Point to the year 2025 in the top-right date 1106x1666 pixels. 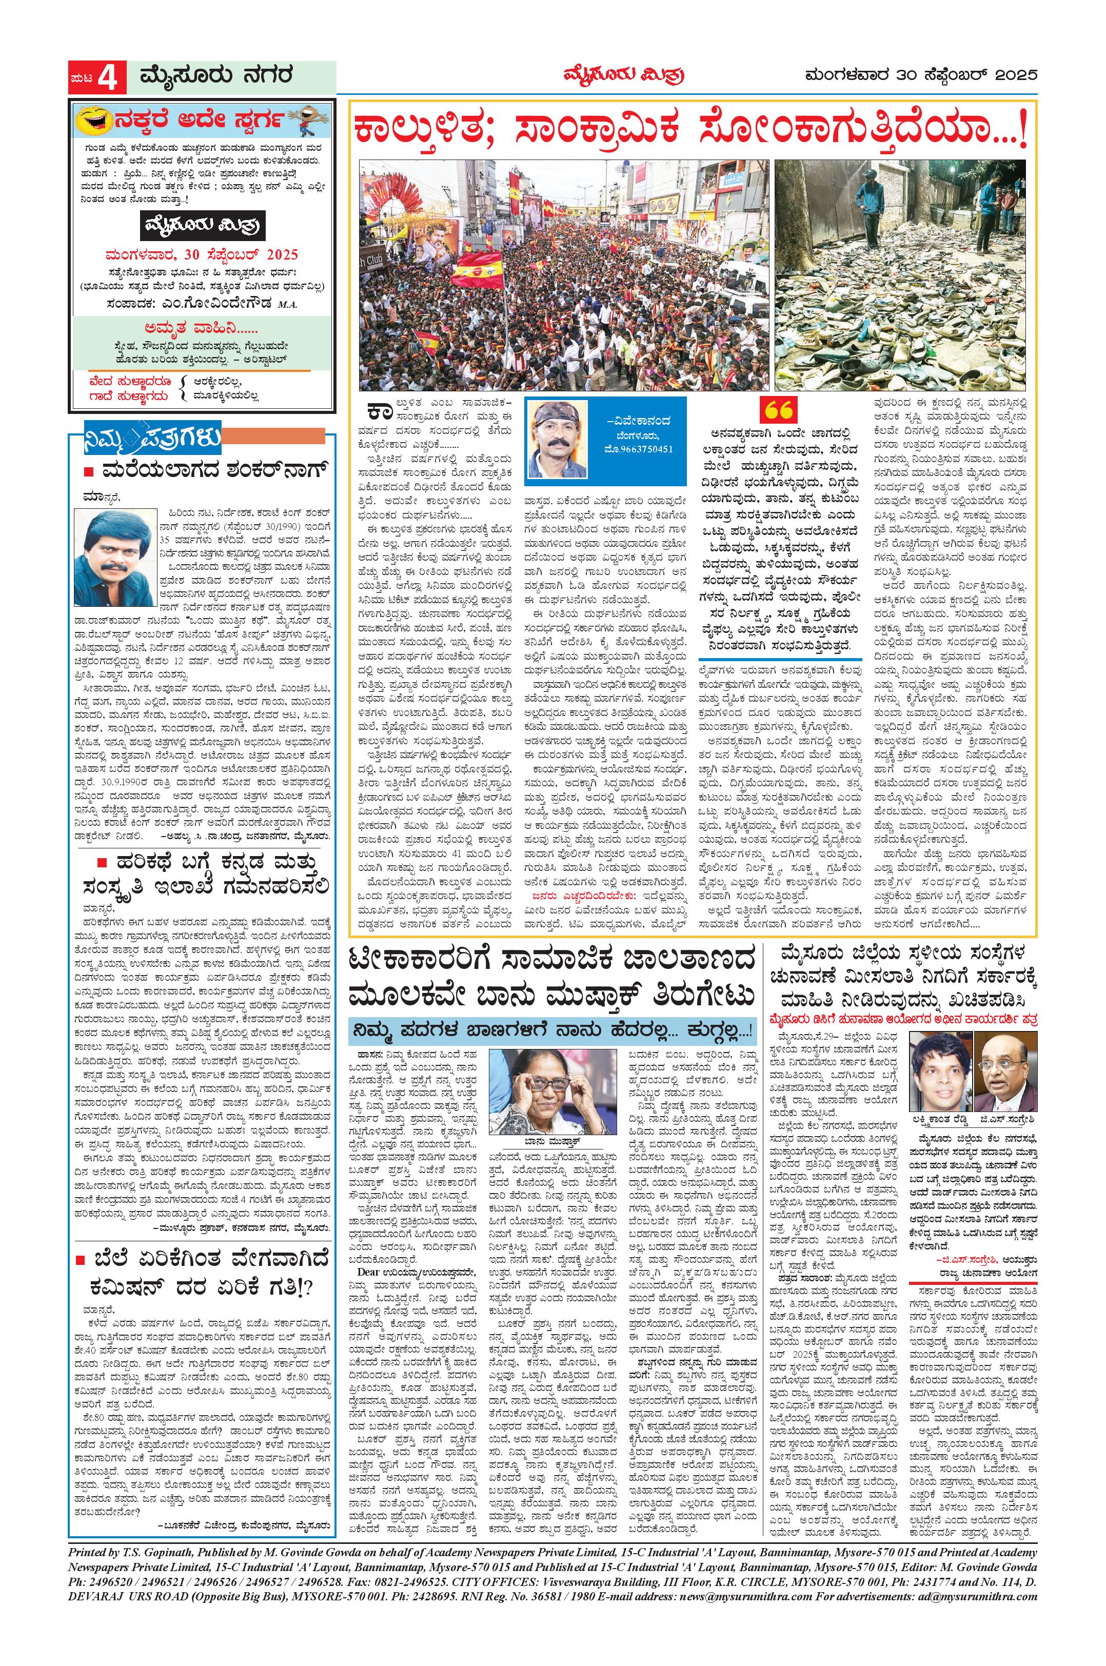(x=1014, y=75)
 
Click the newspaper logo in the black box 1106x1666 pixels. (x=202, y=226)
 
